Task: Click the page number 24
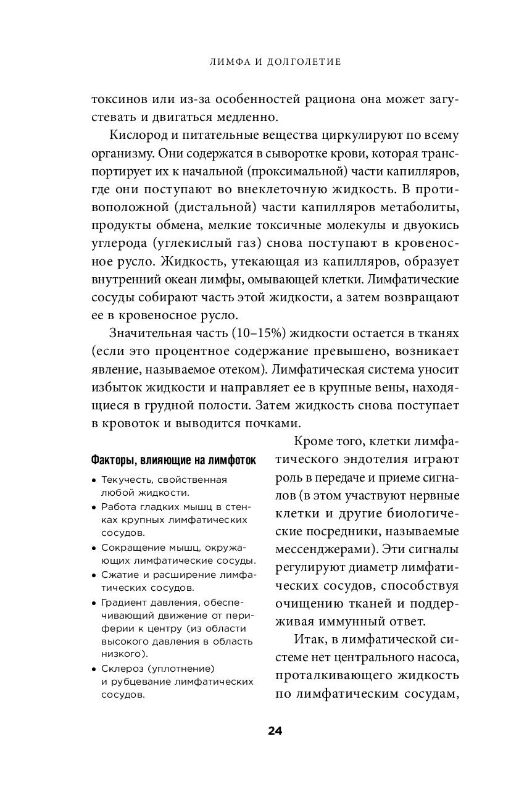pos(275,731)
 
